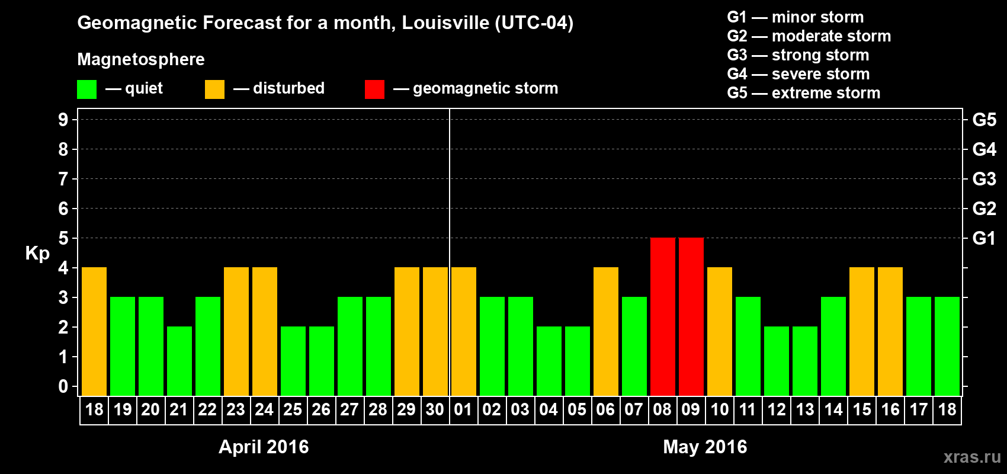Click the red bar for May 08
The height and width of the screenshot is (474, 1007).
coord(662,316)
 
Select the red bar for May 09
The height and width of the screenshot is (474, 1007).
coord(691,316)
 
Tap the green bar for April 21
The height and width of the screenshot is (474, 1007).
coord(179,361)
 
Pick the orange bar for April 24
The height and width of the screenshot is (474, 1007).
coord(264,331)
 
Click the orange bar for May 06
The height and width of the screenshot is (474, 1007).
coord(605,331)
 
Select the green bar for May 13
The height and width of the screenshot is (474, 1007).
coord(804,361)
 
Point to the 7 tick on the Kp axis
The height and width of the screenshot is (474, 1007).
coord(63,179)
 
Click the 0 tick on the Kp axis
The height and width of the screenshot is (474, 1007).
coord(63,386)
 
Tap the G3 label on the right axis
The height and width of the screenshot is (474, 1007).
coord(984,179)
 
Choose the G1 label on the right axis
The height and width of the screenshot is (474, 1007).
coord(984,238)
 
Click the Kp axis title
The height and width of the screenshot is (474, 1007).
coord(37,254)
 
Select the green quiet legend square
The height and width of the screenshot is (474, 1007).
coord(86,89)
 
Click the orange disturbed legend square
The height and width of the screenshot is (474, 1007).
coord(214,89)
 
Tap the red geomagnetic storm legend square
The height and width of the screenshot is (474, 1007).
coord(374,89)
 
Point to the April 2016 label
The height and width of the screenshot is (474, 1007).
coord(264,447)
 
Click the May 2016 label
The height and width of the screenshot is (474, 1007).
coord(705,447)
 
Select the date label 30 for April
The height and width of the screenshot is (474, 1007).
coord(435,410)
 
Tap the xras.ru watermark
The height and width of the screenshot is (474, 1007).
coord(972,457)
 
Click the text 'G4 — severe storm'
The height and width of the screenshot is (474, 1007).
coord(798,74)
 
